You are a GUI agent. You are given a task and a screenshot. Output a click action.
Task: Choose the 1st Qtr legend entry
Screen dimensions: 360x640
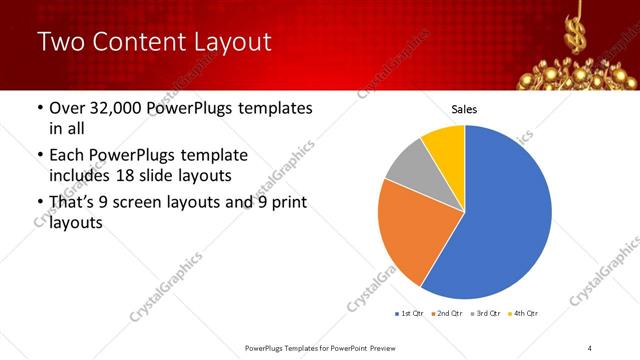(x=410, y=314)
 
